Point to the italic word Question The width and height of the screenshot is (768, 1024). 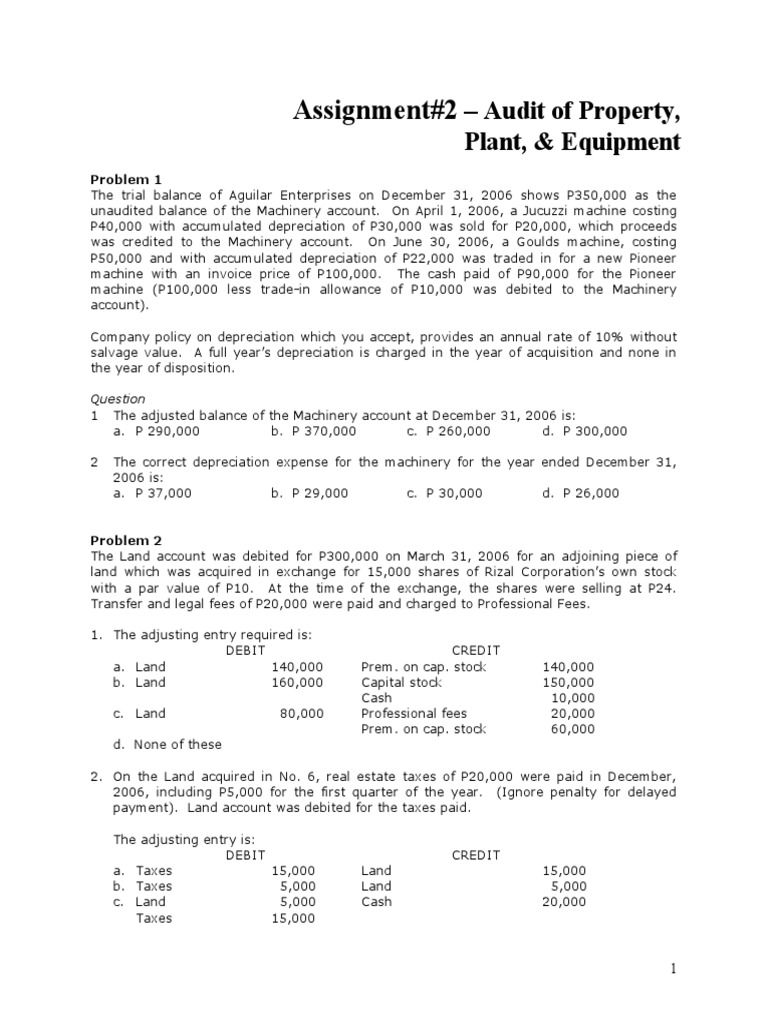pyautogui.click(x=118, y=398)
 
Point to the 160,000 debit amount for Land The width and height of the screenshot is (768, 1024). pyautogui.click(x=297, y=682)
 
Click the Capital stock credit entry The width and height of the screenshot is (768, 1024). pyautogui.click(x=400, y=682)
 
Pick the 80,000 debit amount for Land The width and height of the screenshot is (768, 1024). pyautogui.click(x=301, y=713)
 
